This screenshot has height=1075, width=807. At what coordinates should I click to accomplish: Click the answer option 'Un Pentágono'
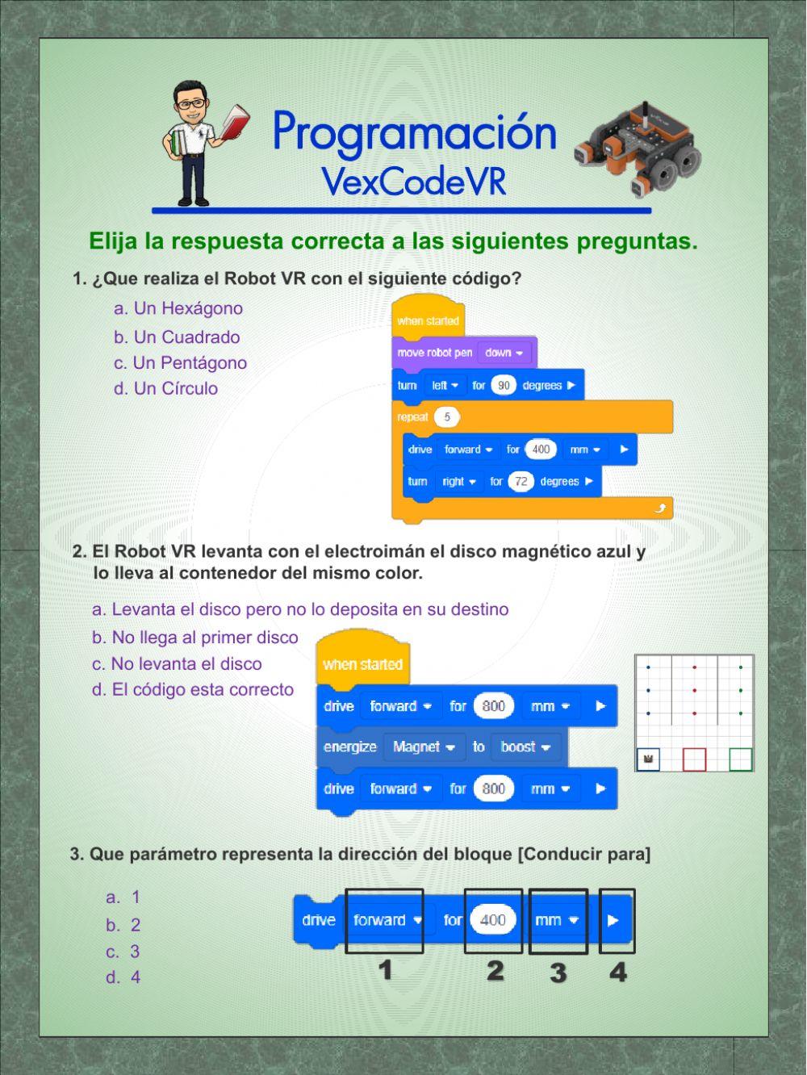point(180,363)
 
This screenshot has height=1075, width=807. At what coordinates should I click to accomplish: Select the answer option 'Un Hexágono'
point(178,308)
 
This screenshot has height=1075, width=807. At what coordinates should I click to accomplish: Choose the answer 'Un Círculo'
point(166,388)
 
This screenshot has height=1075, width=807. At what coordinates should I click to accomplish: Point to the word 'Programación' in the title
point(414,132)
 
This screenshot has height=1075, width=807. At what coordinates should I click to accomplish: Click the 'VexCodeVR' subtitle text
point(414,182)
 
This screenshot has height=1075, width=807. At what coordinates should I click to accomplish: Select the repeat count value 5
point(446,417)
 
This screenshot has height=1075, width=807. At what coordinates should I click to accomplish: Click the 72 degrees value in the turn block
point(521,482)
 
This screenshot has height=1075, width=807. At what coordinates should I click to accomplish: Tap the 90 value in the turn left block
point(504,386)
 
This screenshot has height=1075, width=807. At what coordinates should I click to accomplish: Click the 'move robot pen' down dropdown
point(504,353)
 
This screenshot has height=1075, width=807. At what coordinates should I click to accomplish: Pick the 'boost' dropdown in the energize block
point(525,747)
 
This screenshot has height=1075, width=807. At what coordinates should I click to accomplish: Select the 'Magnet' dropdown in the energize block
point(424,747)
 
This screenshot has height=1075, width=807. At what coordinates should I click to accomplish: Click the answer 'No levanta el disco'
point(177,664)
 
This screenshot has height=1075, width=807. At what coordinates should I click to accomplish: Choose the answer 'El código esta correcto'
point(193,690)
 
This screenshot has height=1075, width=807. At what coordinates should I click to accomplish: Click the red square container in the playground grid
point(694,759)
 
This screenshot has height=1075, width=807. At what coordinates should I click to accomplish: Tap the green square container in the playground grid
point(740,759)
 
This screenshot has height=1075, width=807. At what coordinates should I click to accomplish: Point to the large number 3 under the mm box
point(558,973)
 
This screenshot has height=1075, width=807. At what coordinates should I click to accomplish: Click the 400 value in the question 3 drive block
point(492,920)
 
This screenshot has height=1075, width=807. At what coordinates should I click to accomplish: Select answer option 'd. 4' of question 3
point(123,977)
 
